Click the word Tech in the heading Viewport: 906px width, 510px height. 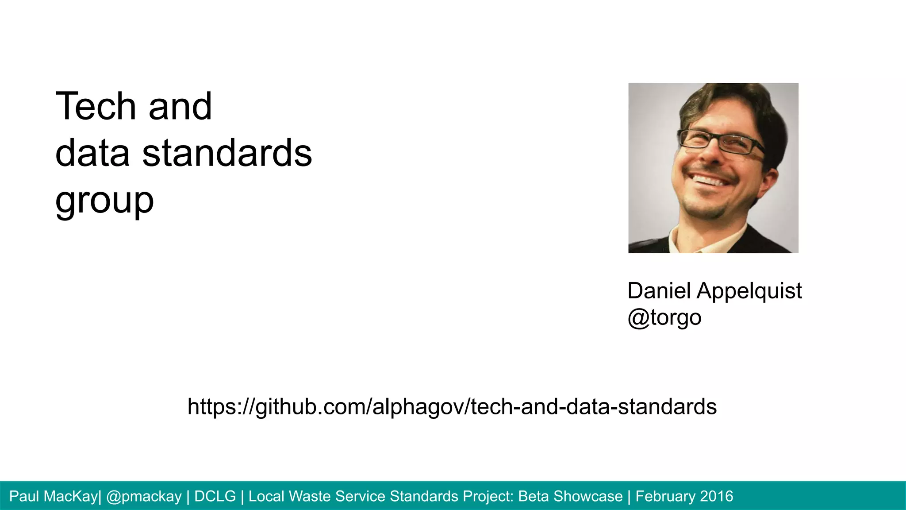point(96,106)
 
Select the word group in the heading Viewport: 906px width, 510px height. point(104,201)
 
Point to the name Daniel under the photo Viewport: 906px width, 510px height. point(659,291)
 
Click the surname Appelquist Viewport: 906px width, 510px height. point(749,291)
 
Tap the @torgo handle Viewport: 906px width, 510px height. point(664,317)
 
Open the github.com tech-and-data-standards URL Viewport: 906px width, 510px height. point(452,406)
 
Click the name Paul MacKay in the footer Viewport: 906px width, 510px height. point(53,496)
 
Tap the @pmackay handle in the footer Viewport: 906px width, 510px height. point(144,496)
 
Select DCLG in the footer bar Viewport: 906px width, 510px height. point(215,496)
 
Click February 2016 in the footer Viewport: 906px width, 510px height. point(684,496)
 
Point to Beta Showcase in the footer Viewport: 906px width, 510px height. point(570,496)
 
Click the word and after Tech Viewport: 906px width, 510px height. point(180,106)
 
